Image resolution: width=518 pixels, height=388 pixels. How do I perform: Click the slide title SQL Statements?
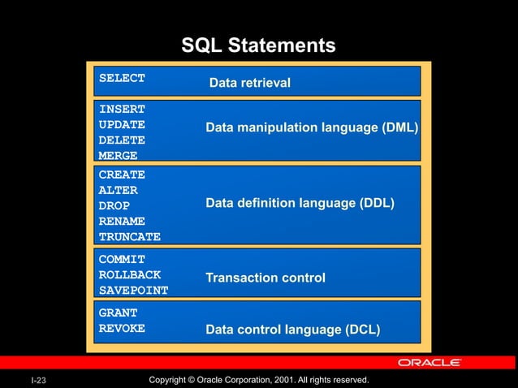[x=258, y=45]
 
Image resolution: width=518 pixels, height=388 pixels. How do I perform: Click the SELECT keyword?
[x=122, y=78]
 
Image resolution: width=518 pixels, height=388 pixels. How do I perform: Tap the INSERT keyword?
[x=122, y=109]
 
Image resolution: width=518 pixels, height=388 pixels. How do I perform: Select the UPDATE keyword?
[x=122, y=124]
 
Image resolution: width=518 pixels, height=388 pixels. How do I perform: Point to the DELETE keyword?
[x=122, y=140]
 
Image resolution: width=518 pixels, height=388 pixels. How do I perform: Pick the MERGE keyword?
[x=118, y=155]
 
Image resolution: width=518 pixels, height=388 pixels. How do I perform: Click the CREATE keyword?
[x=122, y=175]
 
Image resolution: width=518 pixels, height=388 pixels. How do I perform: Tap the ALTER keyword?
[x=118, y=190]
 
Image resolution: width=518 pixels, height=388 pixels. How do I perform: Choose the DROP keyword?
[x=114, y=205]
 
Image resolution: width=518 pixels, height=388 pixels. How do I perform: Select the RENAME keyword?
[x=122, y=221]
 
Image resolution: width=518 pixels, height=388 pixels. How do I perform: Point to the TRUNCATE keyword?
[x=129, y=237]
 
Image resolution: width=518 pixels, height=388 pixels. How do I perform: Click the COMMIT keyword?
[x=122, y=259]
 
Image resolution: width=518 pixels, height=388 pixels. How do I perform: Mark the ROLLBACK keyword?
[x=129, y=274]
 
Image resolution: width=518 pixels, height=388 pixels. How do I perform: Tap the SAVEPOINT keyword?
[x=133, y=290]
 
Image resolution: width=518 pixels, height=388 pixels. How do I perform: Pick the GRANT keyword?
[x=118, y=313]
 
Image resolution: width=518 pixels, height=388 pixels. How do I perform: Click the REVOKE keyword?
[x=122, y=328]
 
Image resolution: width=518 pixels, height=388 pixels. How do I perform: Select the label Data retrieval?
[x=249, y=83]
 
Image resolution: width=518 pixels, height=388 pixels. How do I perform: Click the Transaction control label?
[x=265, y=278]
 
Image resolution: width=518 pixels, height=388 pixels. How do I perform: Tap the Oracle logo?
[x=430, y=362]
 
